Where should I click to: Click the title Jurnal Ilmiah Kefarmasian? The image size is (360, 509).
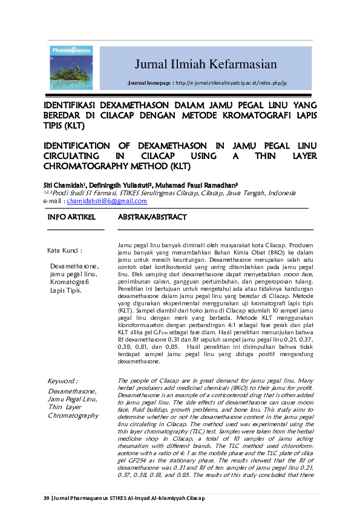pyautogui.click(x=205, y=65)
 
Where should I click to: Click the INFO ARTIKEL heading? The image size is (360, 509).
pyautogui.click(x=72, y=217)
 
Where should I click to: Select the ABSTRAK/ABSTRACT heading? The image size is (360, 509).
pyautogui.click(x=152, y=217)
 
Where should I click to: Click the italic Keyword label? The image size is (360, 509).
pyautogui.click(x=63, y=381)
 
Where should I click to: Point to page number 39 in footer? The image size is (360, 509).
pyautogui.click(x=45, y=498)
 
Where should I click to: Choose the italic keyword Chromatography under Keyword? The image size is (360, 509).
pyautogui.click(x=73, y=415)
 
